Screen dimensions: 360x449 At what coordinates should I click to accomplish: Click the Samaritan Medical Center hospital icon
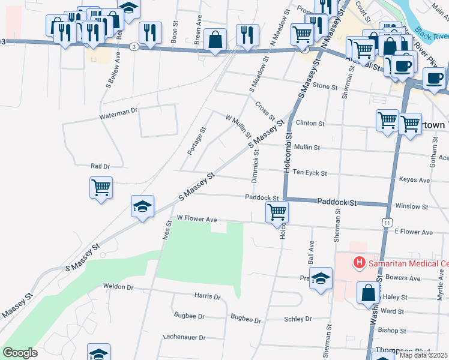point(360,263)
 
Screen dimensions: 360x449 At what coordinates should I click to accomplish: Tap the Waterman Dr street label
point(119,110)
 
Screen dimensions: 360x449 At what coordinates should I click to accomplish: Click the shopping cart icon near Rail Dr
point(101,187)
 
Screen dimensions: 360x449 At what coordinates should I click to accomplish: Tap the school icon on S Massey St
point(142,207)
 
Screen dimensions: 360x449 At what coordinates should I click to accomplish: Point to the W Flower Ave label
point(196,219)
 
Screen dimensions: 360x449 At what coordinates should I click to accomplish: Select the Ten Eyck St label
point(310,173)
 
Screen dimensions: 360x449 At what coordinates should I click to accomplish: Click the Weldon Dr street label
point(118,287)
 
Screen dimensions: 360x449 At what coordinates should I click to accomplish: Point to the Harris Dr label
point(208,296)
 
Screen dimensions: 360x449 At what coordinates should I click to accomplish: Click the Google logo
point(20,353)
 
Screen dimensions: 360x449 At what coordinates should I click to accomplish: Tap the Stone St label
point(325,86)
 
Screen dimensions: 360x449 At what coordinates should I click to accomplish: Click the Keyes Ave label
point(415,179)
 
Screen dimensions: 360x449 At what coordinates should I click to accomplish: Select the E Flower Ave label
point(414,232)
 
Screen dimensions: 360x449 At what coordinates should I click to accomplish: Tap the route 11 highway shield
point(388,223)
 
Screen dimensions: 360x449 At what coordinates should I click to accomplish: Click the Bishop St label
point(393,331)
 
